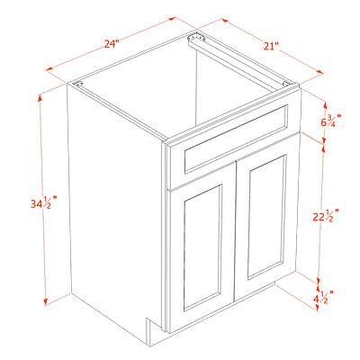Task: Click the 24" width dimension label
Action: tap(112, 44)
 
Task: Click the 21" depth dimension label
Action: tap(272, 46)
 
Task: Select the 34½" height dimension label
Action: tap(44, 202)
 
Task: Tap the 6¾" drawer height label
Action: tap(331, 121)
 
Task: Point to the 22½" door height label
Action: tap(326, 216)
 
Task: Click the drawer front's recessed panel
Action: tap(236, 139)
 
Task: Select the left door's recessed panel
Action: tap(202, 247)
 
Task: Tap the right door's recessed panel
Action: tap(266, 217)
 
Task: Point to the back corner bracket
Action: tap(196, 38)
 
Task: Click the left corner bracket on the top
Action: tap(78, 85)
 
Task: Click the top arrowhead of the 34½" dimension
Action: tap(40, 98)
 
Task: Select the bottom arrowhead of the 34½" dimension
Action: tap(46, 302)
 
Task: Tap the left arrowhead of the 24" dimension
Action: tap(49, 69)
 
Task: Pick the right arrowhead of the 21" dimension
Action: tap(320, 72)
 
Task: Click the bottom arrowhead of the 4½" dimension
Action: tap(318, 308)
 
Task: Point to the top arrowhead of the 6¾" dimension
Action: tap(326, 105)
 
